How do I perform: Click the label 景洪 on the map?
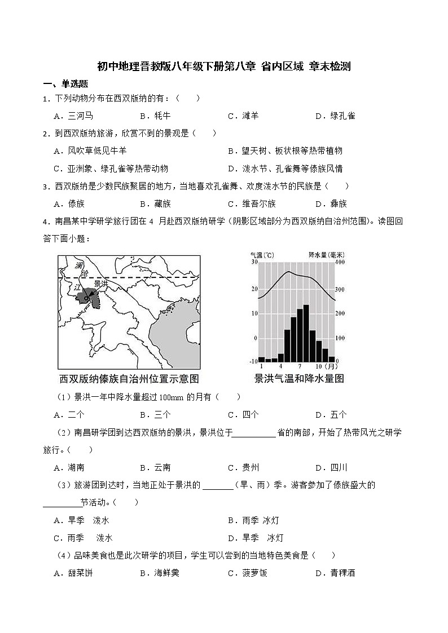point(100,284)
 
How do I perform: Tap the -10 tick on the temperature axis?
point(253,361)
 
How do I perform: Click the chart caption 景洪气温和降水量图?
point(299,378)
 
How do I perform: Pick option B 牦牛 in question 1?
point(151,116)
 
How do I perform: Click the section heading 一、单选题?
point(65,84)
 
